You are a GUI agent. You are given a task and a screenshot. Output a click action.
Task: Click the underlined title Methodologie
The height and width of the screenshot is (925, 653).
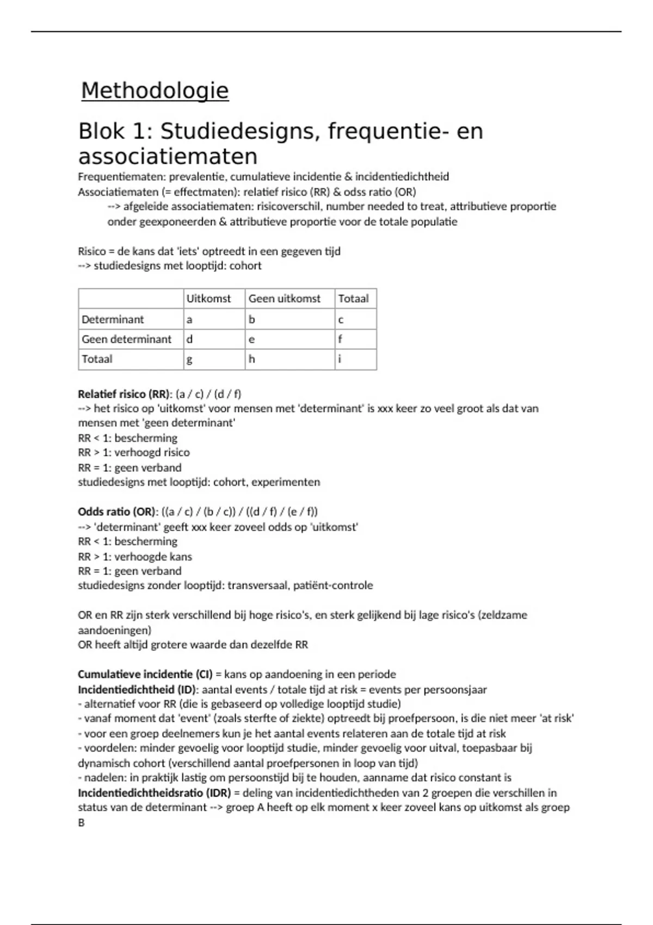[155, 90]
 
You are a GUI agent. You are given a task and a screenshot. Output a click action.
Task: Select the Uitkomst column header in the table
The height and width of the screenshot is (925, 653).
[208, 299]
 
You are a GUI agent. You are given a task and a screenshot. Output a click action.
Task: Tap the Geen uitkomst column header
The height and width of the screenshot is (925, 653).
[284, 299]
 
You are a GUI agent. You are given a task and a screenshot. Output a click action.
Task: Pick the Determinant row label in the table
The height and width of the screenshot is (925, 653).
[113, 319]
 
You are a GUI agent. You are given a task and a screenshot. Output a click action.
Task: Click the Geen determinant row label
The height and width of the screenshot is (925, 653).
[126, 340]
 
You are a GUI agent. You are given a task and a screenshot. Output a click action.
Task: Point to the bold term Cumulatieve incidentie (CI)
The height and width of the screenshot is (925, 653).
[145, 675]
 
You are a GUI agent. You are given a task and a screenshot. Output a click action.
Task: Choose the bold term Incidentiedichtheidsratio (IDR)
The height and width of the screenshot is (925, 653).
[154, 793]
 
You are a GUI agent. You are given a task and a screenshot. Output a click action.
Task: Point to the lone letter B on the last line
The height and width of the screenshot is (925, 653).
[81, 823]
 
